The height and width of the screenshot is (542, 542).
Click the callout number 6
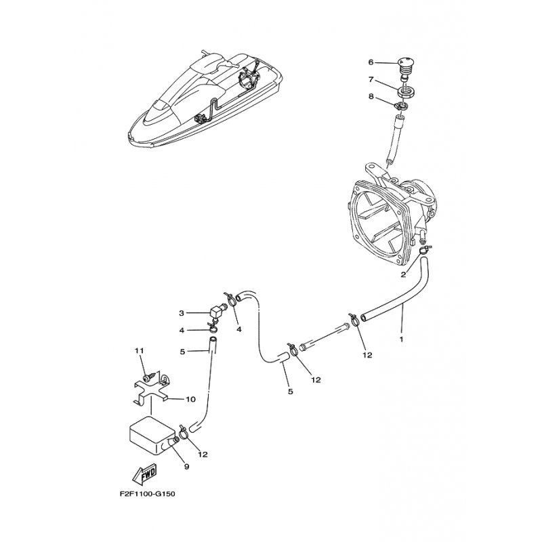click(x=371, y=62)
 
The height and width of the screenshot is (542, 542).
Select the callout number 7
click(x=371, y=79)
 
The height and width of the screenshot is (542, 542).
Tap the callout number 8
click(x=371, y=96)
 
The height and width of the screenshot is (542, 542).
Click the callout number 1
click(x=401, y=339)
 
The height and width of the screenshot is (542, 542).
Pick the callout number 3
click(x=182, y=313)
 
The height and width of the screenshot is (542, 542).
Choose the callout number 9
click(x=187, y=467)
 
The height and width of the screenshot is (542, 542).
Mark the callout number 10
click(x=191, y=400)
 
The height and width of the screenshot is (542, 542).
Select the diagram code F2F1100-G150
click(x=147, y=494)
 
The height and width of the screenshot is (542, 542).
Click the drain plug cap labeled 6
click(x=404, y=66)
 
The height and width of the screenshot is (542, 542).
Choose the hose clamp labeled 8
click(x=401, y=106)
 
